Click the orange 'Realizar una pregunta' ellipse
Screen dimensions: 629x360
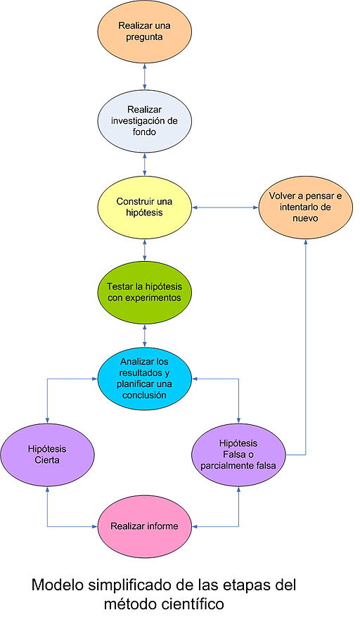(x=145, y=34)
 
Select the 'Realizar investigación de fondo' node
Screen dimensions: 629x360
(x=145, y=120)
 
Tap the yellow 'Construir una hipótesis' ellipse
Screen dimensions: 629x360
(x=145, y=208)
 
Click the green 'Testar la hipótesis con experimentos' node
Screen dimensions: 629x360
(x=145, y=292)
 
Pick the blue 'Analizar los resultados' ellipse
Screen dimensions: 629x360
(x=145, y=379)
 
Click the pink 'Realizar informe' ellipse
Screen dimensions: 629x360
(x=145, y=526)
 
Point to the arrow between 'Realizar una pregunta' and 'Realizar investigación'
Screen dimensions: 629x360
(x=145, y=77)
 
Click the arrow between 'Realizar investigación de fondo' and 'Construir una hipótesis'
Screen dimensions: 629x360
(x=145, y=164)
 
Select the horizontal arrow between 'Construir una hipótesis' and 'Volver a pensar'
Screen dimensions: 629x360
(x=226, y=208)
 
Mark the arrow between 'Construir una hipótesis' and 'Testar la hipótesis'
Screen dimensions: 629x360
(x=145, y=250)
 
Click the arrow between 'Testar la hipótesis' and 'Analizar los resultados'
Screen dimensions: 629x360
(x=145, y=336)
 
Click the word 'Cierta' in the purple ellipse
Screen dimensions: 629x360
(x=48, y=461)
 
